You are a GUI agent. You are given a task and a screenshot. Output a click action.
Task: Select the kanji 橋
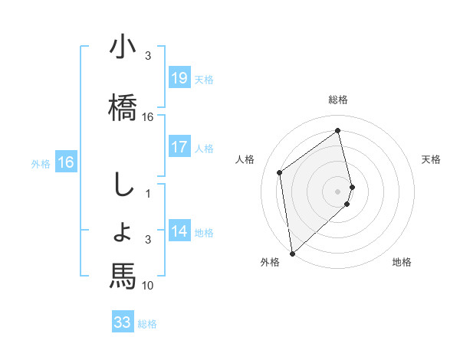pos(123,105)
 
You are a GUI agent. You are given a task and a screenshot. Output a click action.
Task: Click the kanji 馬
pos(123,273)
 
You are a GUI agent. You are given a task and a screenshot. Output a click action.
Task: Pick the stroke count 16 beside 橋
pos(148,117)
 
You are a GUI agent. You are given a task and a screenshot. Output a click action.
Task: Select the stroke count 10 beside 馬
pos(148,286)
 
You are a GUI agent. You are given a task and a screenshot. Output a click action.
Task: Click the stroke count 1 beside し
pos(148,194)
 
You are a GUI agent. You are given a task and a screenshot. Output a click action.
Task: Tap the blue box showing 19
pos(179,78)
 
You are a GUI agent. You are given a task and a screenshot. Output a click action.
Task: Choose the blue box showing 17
pos(179,146)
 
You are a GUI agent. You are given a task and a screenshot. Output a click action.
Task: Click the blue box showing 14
pos(179,231)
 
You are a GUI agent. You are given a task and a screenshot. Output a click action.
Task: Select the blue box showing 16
pos(65,162)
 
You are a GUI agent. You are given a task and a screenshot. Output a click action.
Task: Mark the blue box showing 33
pos(123,322)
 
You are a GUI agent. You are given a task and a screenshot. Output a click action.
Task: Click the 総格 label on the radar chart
pos(338,100)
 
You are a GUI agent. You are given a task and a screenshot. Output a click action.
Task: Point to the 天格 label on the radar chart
pos(432,159)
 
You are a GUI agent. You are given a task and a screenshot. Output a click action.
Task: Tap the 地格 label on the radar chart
pos(402,262)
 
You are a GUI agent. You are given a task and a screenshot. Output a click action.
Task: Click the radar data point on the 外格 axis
pos(291,253)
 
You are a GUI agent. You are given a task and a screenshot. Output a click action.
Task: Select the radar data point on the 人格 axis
pos(280,172)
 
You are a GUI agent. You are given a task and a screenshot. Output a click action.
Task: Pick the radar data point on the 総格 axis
pos(338,131)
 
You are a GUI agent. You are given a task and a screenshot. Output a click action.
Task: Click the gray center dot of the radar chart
pos(338,191)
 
